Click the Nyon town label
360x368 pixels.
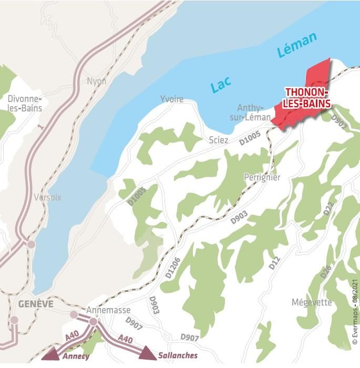(97, 81)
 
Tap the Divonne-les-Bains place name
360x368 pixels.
(25, 104)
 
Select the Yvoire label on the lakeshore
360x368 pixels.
(172, 99)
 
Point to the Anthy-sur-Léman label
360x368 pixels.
(250, 112)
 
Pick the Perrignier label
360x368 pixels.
(262, 178)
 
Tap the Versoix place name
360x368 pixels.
(48, 198)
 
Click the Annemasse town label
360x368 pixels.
(108, 310)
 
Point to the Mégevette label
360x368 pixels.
(312, 302)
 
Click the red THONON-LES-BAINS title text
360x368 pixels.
(307, 98)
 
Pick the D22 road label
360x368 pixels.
(328, 209)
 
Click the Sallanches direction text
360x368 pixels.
(178, 355)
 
